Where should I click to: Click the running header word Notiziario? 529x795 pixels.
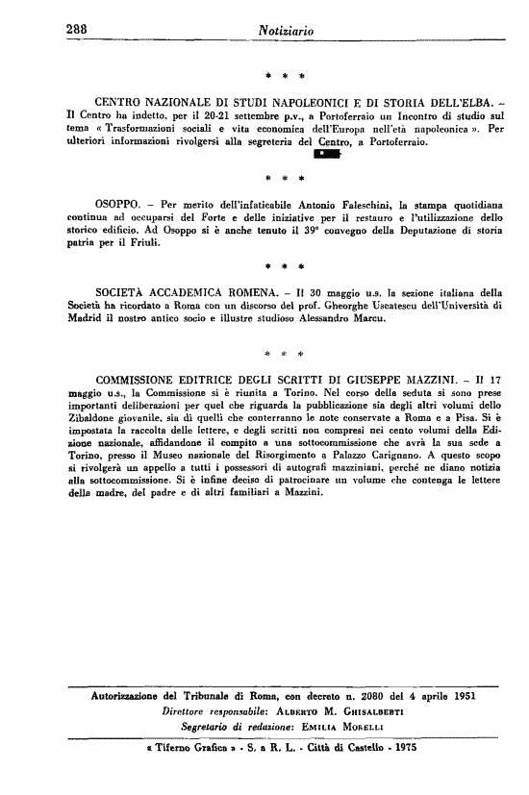288,31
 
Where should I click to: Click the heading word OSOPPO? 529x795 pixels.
119,204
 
